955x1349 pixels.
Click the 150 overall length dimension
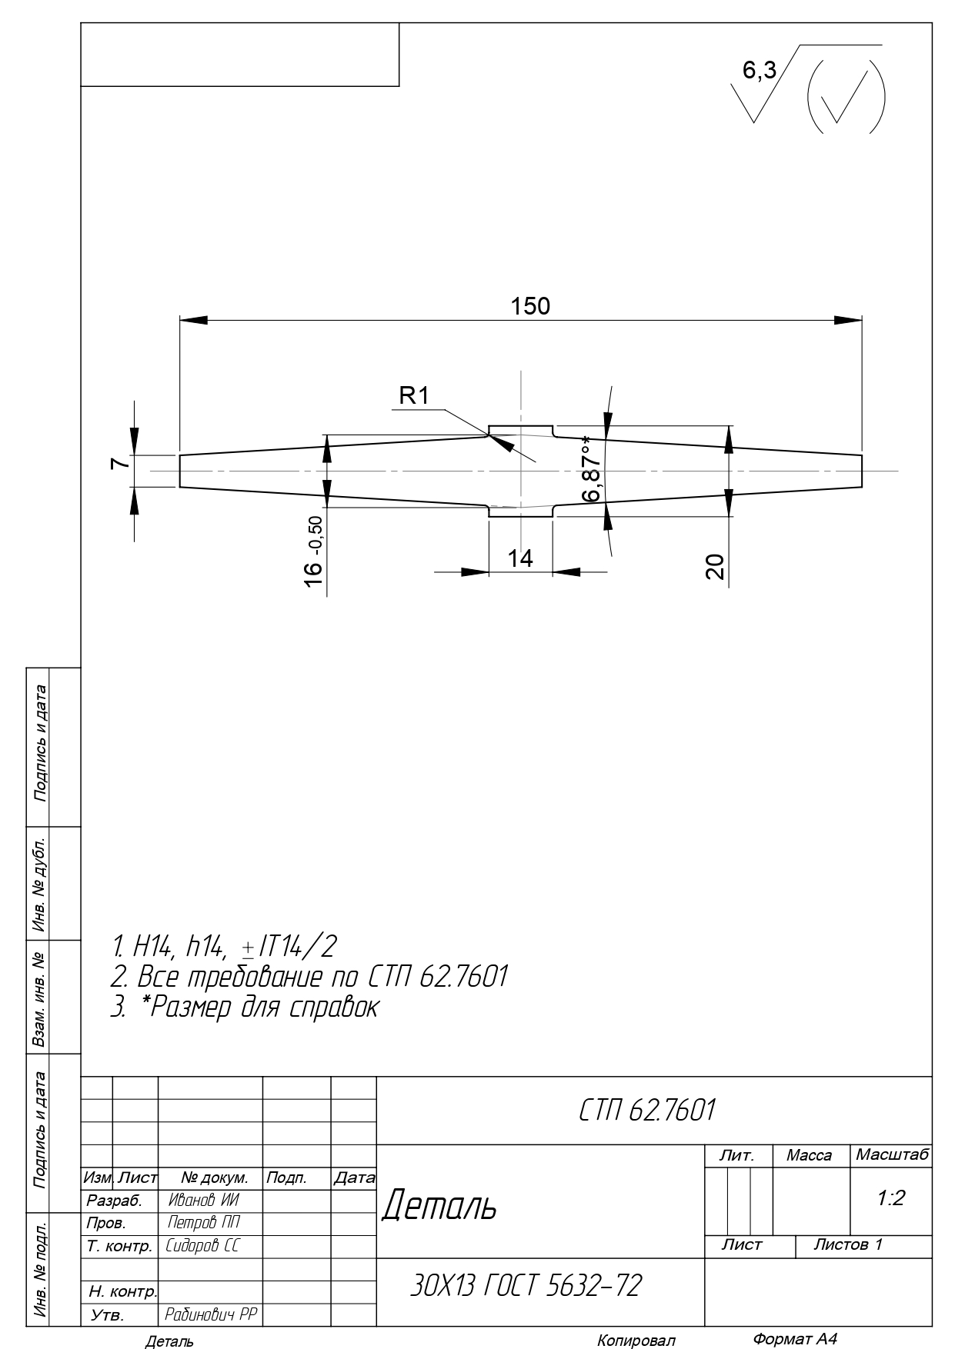530,306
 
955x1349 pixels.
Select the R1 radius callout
413,396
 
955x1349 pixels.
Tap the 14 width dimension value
521,558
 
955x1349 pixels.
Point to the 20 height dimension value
715,567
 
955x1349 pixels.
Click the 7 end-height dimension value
118,463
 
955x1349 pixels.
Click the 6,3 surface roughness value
759,72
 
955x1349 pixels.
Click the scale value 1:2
891,1197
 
